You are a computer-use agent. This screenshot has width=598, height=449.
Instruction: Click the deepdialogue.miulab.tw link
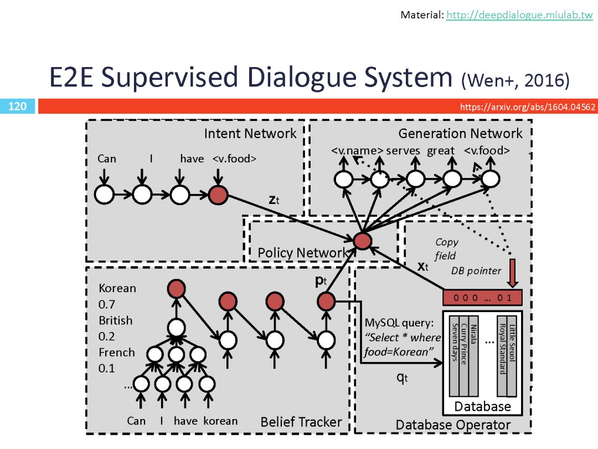[519, 15]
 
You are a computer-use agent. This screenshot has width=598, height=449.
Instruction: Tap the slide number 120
[18, 106]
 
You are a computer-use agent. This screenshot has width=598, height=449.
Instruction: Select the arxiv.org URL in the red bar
[527, 106]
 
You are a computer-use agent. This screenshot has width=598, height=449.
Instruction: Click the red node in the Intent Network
[218, 195]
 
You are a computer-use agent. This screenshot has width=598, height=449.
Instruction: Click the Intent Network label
[250, 134]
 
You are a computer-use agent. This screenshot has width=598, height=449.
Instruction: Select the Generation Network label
[460, 134]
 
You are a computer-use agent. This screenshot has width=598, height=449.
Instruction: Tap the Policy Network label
[302, 253]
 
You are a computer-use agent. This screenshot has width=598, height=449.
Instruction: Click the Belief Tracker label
[301, 422]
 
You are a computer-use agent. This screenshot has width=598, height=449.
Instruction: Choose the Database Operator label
[453, 425]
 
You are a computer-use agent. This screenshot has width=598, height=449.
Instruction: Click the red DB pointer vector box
[483, 298]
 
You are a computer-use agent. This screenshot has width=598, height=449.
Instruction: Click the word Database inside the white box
[483, 406]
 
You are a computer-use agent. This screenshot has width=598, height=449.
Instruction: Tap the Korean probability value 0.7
[107, 304]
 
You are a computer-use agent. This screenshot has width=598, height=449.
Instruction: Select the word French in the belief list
[117, 353]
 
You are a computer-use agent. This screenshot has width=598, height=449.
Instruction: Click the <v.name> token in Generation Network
[357, 151]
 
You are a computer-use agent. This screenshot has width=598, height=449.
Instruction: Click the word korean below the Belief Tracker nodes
[220, 421]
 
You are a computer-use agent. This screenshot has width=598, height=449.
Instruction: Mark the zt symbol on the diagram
[274, 201]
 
